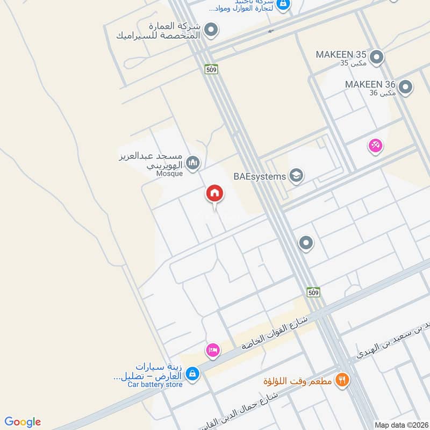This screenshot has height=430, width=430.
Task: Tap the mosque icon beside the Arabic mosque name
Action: (192, 162)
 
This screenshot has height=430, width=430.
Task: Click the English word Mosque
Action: (170, 174)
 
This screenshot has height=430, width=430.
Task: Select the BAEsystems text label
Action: (260, 176)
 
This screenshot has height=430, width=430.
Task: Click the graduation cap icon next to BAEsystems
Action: (296, 175)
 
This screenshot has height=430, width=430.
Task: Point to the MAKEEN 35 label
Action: (341, 55)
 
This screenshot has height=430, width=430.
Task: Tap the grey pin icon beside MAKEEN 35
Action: (377, 56)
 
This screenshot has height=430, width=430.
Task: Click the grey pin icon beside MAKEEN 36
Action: (405, 86)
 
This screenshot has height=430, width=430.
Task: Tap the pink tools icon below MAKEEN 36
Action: (375, 145)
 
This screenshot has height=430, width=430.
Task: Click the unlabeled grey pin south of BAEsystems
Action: (306, 243)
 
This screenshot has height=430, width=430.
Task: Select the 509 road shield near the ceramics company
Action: (211, 69)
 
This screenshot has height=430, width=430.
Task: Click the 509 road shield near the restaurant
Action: (314, 292)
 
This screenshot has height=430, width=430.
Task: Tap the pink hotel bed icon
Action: (212, 350)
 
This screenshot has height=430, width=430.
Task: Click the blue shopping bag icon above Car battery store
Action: (193, 372)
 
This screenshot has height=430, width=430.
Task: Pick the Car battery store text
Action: (155, 384)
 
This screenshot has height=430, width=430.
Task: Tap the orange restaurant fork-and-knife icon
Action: (341, 381)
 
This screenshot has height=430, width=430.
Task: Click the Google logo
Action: (23, 422)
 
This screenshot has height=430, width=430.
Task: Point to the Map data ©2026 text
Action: (400, 425)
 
